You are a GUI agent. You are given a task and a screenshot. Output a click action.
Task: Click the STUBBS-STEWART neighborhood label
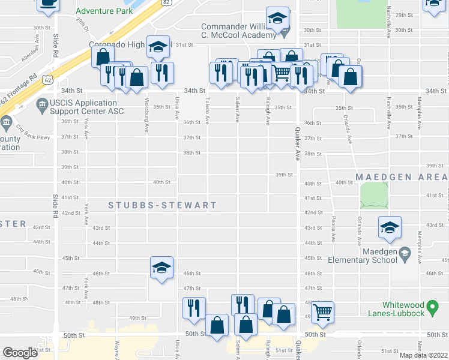[162, 206]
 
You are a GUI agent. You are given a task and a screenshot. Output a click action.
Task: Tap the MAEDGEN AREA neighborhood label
[401, 178]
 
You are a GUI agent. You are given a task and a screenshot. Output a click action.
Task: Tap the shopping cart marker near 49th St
[323, 311]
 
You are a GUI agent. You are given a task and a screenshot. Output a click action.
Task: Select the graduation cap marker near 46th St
[161, 268]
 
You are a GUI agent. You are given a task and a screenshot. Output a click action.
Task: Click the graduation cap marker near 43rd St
[390, 228]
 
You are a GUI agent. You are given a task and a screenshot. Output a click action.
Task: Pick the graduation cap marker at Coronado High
[158, 48]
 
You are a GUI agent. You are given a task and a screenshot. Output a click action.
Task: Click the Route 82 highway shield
[165, 3]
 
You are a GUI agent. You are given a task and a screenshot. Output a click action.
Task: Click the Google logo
[20, 353]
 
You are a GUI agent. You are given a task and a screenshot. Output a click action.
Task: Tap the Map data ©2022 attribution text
[423, 355]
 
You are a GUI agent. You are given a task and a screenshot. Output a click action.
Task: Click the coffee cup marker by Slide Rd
[48, 4]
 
